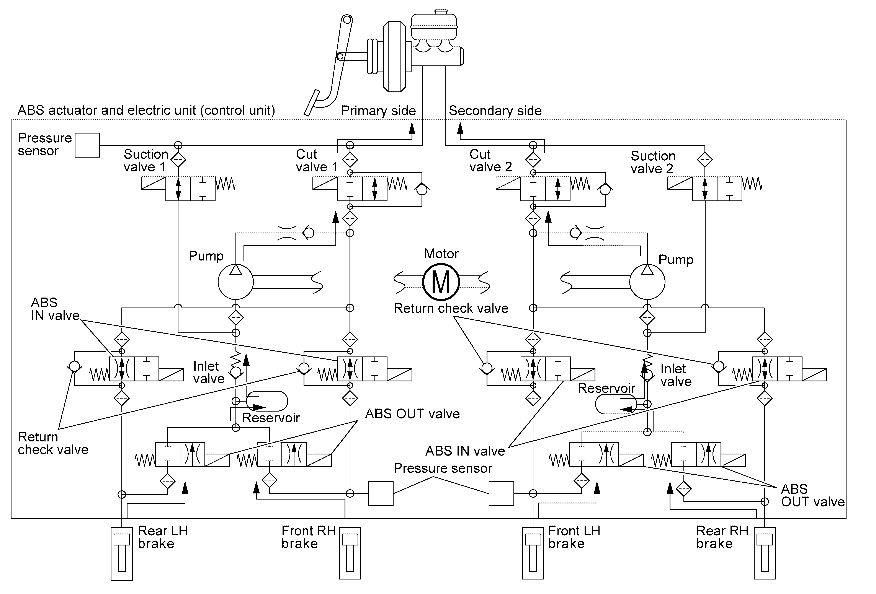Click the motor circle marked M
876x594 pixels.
441,282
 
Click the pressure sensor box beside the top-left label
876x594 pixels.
87,145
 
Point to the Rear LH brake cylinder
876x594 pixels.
122,554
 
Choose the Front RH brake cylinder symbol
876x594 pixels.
350,553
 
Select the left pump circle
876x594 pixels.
235,282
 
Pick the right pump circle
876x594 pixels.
647,282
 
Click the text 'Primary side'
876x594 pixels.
378,111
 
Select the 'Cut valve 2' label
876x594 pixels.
491,160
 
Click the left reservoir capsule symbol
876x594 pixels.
267,401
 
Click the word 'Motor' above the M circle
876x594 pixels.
441,254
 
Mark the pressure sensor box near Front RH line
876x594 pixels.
381,493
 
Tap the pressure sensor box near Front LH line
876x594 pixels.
501,493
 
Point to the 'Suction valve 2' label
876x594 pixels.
653,162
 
